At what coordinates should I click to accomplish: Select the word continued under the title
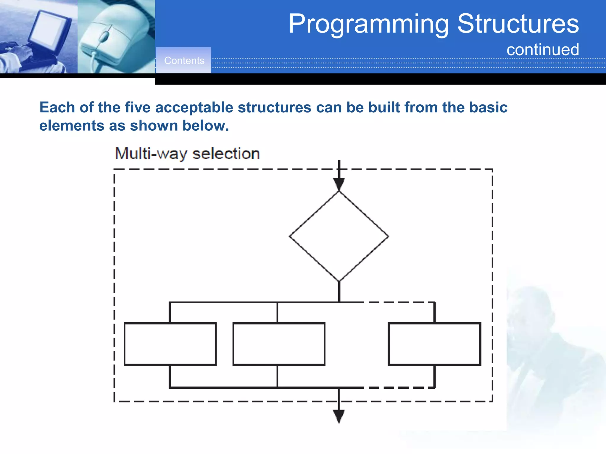tap(542, 50)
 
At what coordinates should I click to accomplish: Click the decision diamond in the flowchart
tap(339, 236)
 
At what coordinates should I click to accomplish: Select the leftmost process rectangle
tap(170, 344)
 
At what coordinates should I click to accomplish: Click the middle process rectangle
tap(279, 344)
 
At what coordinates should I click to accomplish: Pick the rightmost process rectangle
tap(434, 344)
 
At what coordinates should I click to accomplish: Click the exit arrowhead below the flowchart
tap(339, 416)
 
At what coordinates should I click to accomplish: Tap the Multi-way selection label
tap(187, 154)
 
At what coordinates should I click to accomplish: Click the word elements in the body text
tap(71, 126)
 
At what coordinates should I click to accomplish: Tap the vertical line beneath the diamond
tap(339, 291)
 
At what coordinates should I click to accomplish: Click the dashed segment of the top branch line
tap(399, 302)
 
